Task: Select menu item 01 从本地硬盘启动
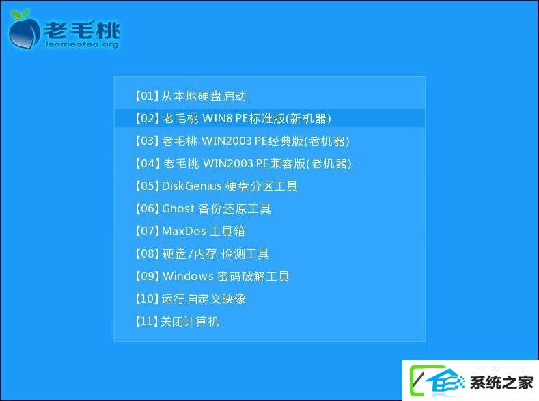click(x=191, y=96)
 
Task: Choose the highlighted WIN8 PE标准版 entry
click(x=233, y=119)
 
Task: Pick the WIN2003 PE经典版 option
click(x=242, y=141)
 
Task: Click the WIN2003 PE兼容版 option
click(x=243, y=163)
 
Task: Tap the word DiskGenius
click(x=191, y=186)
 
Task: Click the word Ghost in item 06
click(x=178, y=208)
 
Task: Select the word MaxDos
click(x=184, y=231)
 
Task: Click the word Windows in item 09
click(x=188, y=276)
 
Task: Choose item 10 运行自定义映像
click(x=190, y=299)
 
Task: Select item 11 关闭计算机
click(x=177, y=321)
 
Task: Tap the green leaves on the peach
click(x=20, y=14)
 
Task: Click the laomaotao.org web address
click(x=82, y=44)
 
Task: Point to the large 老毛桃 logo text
click(x=82, y=30)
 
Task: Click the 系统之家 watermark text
click(x=501, y=383)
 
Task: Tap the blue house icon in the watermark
click(x=445, y=381)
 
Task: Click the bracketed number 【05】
click(x=147, y=186)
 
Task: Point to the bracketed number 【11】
click(x=147, y=321)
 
